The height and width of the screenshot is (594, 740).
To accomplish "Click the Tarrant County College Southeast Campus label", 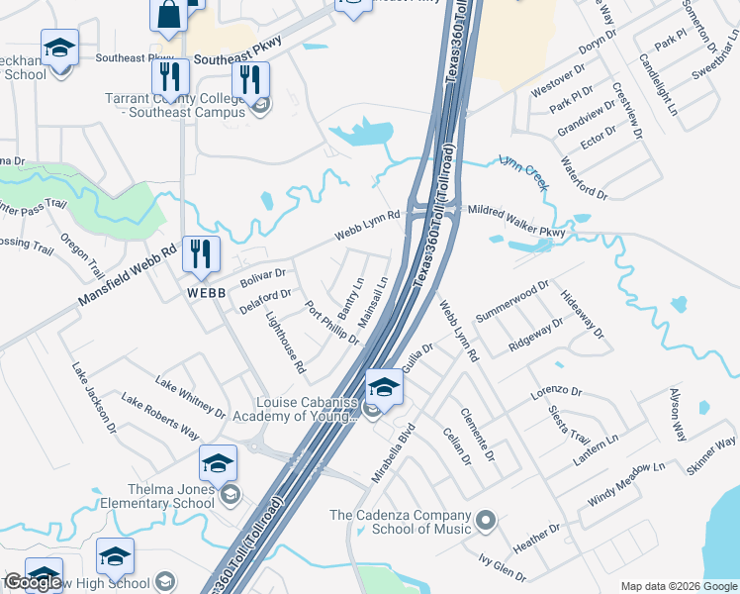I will (175, 105).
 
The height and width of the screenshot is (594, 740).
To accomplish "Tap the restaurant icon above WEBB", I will (201, 254).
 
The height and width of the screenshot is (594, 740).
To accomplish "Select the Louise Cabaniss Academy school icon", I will (383, 387).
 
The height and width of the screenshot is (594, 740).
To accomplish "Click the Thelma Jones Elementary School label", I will (157, 496).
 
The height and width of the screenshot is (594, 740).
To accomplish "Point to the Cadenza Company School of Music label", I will (400, 522).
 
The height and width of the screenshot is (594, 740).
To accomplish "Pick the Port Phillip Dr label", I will (331, 322).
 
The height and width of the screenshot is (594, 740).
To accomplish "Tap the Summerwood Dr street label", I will (511, 300).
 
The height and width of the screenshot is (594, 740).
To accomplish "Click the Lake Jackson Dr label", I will (94, 397).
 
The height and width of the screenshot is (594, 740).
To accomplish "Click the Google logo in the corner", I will (33, 582).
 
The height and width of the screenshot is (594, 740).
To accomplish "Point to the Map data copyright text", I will (679, 586).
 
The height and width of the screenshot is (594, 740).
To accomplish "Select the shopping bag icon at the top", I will (168, 14).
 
